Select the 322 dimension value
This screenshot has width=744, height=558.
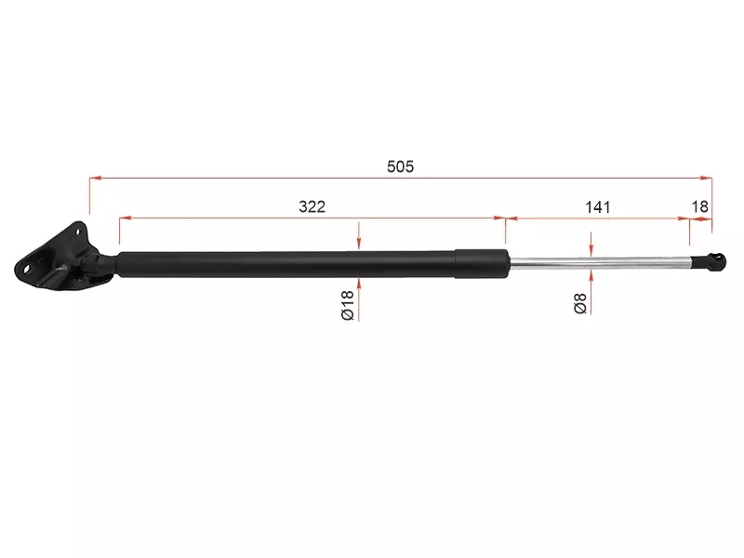click(x=312, y=206)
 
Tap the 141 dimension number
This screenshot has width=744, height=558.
click(x=598, y=206)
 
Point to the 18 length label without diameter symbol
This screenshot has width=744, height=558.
click(x=700, y=206)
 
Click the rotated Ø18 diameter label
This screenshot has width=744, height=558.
click(x=346, y=305)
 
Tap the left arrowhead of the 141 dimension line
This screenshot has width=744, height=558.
click(x=511, y=219)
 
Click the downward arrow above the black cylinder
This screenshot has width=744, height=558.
click(x=358, y=243)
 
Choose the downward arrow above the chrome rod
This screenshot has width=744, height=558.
click(x=591, y=252)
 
